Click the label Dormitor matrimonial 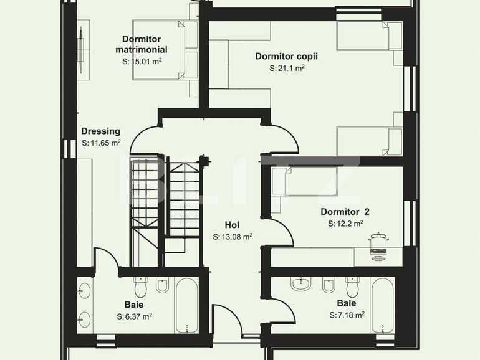145,44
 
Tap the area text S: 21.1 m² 287,69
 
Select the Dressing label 100,131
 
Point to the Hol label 232,225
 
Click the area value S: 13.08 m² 232,237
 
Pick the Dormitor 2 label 345,211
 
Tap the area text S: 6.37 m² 134,316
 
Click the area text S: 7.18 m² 347,315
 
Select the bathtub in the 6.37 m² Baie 187,305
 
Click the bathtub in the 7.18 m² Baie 382,305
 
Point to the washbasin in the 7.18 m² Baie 302,284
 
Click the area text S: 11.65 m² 101,143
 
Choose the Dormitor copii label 286,56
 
